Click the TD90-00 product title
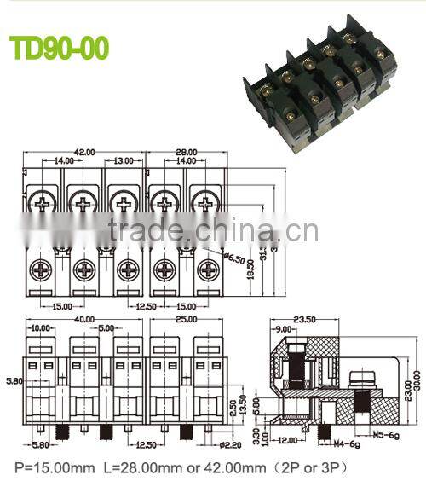pos(59,48)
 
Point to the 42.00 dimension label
pos(84,152)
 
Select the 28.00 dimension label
pos(187,152)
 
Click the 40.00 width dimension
pos(83,319)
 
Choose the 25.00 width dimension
pos(187,319)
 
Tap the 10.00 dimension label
pos(40,327)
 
